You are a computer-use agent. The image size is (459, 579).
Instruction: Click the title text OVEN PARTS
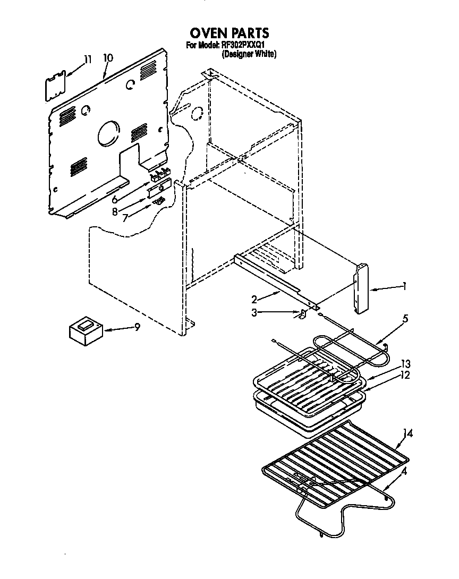230,34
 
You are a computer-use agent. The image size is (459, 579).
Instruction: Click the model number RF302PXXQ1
243,46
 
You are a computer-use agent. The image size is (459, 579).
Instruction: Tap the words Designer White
249,54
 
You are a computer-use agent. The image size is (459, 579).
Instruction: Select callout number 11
88,59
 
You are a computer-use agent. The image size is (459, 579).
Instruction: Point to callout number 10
108,58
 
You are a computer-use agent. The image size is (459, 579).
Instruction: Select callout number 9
137,327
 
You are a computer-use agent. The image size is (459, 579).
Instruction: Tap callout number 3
254,313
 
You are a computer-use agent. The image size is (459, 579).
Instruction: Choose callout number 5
405,319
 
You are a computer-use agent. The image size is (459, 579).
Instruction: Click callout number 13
406,364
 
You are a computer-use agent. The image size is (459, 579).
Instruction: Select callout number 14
407,434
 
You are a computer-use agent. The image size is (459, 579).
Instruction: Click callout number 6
114,201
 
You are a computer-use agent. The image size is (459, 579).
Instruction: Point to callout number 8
114,211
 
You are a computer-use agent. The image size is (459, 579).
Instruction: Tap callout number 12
406,375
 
